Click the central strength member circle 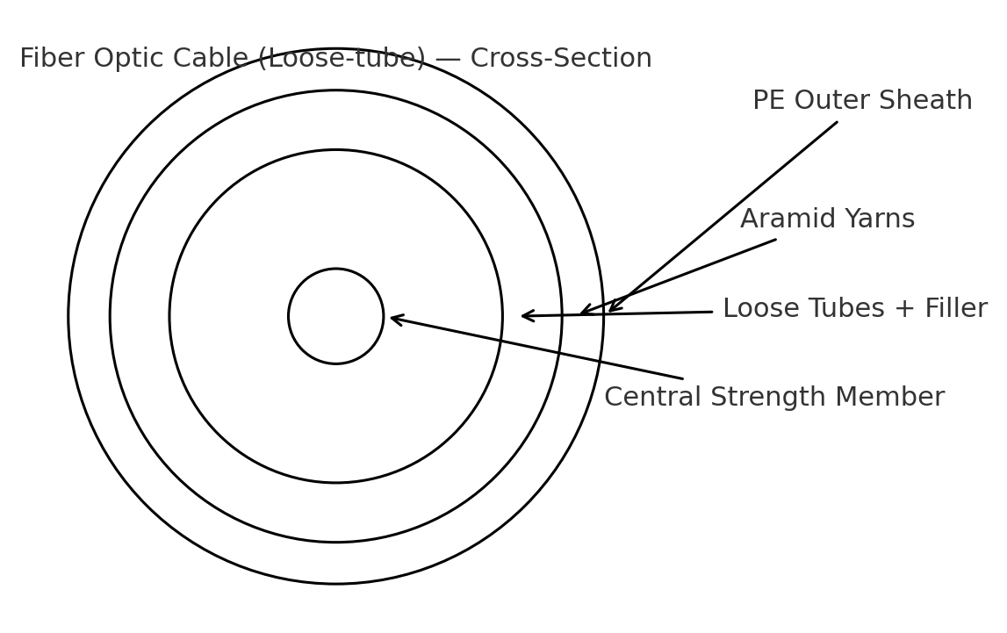click(x=335, y=316)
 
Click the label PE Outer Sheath click(x=862, y=101)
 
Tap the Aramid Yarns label click(x=827, y=219)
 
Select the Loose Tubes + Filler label click(x=854, y=309)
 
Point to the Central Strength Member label click(x=773, y=398)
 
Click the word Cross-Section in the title click(x=561, y=59)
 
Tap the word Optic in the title click(x=126, y=59)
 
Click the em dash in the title click(x=448, y=59)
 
